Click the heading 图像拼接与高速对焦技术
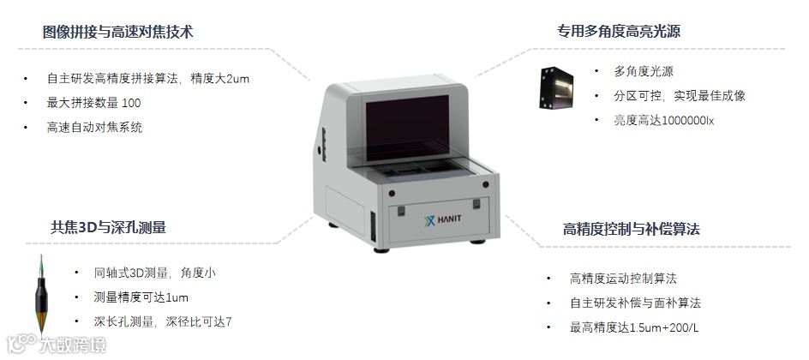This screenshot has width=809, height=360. coord(118,33)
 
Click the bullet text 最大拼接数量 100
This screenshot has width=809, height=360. coord(94,103)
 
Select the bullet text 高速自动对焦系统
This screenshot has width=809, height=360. coord(94,128)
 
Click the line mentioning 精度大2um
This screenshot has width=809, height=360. coord(148,79)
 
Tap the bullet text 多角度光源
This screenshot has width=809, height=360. coord(644,71)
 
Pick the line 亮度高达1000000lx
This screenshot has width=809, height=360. coord(664,121)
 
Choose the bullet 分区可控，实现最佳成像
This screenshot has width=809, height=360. coord(680,96)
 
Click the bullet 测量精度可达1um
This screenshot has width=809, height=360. coord(141,297)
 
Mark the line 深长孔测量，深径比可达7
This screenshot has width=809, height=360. coord(163,322)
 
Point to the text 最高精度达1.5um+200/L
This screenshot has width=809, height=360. coord(635,327)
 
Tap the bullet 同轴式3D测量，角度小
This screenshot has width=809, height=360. coord(155,273)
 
